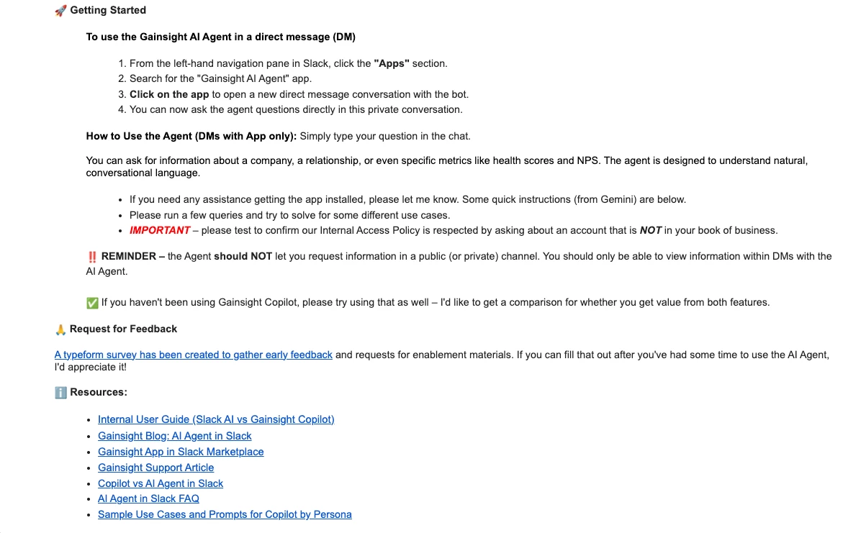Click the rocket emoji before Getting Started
pyautogui.click(x=60, y=11)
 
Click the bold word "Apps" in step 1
pyautogui.click(x=392, y=63)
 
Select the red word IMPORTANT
pyautogui.click(x=160, y=231)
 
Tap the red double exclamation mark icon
pyautogui.click(x=92, y=257)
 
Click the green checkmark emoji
pyautogui.click(x=92, y=303)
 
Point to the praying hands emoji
pyautogui.click(x=60, y=329)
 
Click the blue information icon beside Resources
pyautogui.click(x=60, y=393)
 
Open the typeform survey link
pyautogui.click(x=193, y=355)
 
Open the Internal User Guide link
pyautogui.click(x=216, y=419)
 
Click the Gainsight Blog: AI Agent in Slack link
pyautogui.click(x=175, y=436)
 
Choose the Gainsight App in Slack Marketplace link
pyautogui.click(x=181, y=452)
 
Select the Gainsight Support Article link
pyautogui.click(x=155, y=468)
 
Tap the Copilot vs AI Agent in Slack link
pyautogui.click(x=161, y=483)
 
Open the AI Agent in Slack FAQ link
pyautogui.click(x=148, y=498)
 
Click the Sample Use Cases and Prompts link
pyautogui.click(x=225, y=514)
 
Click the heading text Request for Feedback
pyautogui.click(x=123, y=329)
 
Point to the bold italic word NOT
pyautogui.click(x=650, y=231)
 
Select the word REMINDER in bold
pyautogui.click(x=129, y=257)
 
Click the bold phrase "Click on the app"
pyautogui.click(x=169, y=94)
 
